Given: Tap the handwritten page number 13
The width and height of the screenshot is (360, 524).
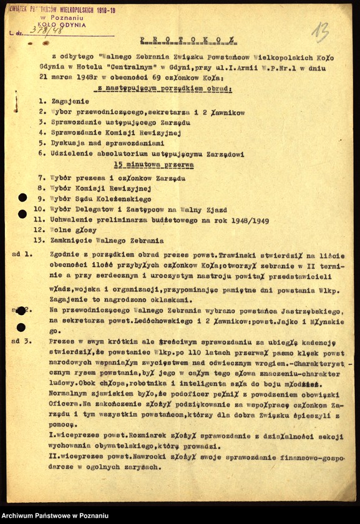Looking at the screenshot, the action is pyautogui.click(x=321, y=30).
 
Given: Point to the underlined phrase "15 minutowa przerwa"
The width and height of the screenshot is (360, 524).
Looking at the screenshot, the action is pyautogui.click(x=153, y=165).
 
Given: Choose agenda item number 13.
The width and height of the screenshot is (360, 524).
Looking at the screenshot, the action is pyautogui.click(x=40, y=240).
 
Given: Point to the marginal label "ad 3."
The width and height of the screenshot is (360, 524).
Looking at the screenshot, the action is pyautogui.click(x=22, y=342).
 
